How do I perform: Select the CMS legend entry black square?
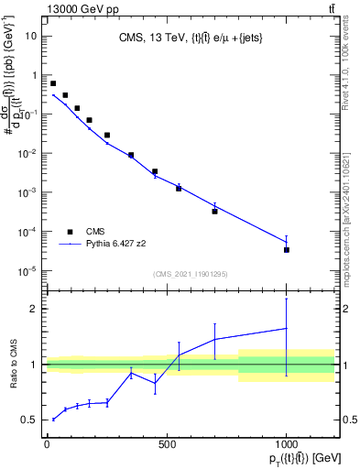[70, 232]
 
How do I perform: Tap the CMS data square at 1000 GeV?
[287, 250]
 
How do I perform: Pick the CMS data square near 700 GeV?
[214, 211]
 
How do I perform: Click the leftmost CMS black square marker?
[53, 83]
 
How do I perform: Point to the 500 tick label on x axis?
[166, 444]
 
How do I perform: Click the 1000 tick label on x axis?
[286, 444]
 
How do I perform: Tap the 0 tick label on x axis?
[47, 444]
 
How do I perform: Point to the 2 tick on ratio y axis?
[36, 309]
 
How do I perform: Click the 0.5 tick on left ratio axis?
[32, 420]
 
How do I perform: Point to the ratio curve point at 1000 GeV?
[287, 328]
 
